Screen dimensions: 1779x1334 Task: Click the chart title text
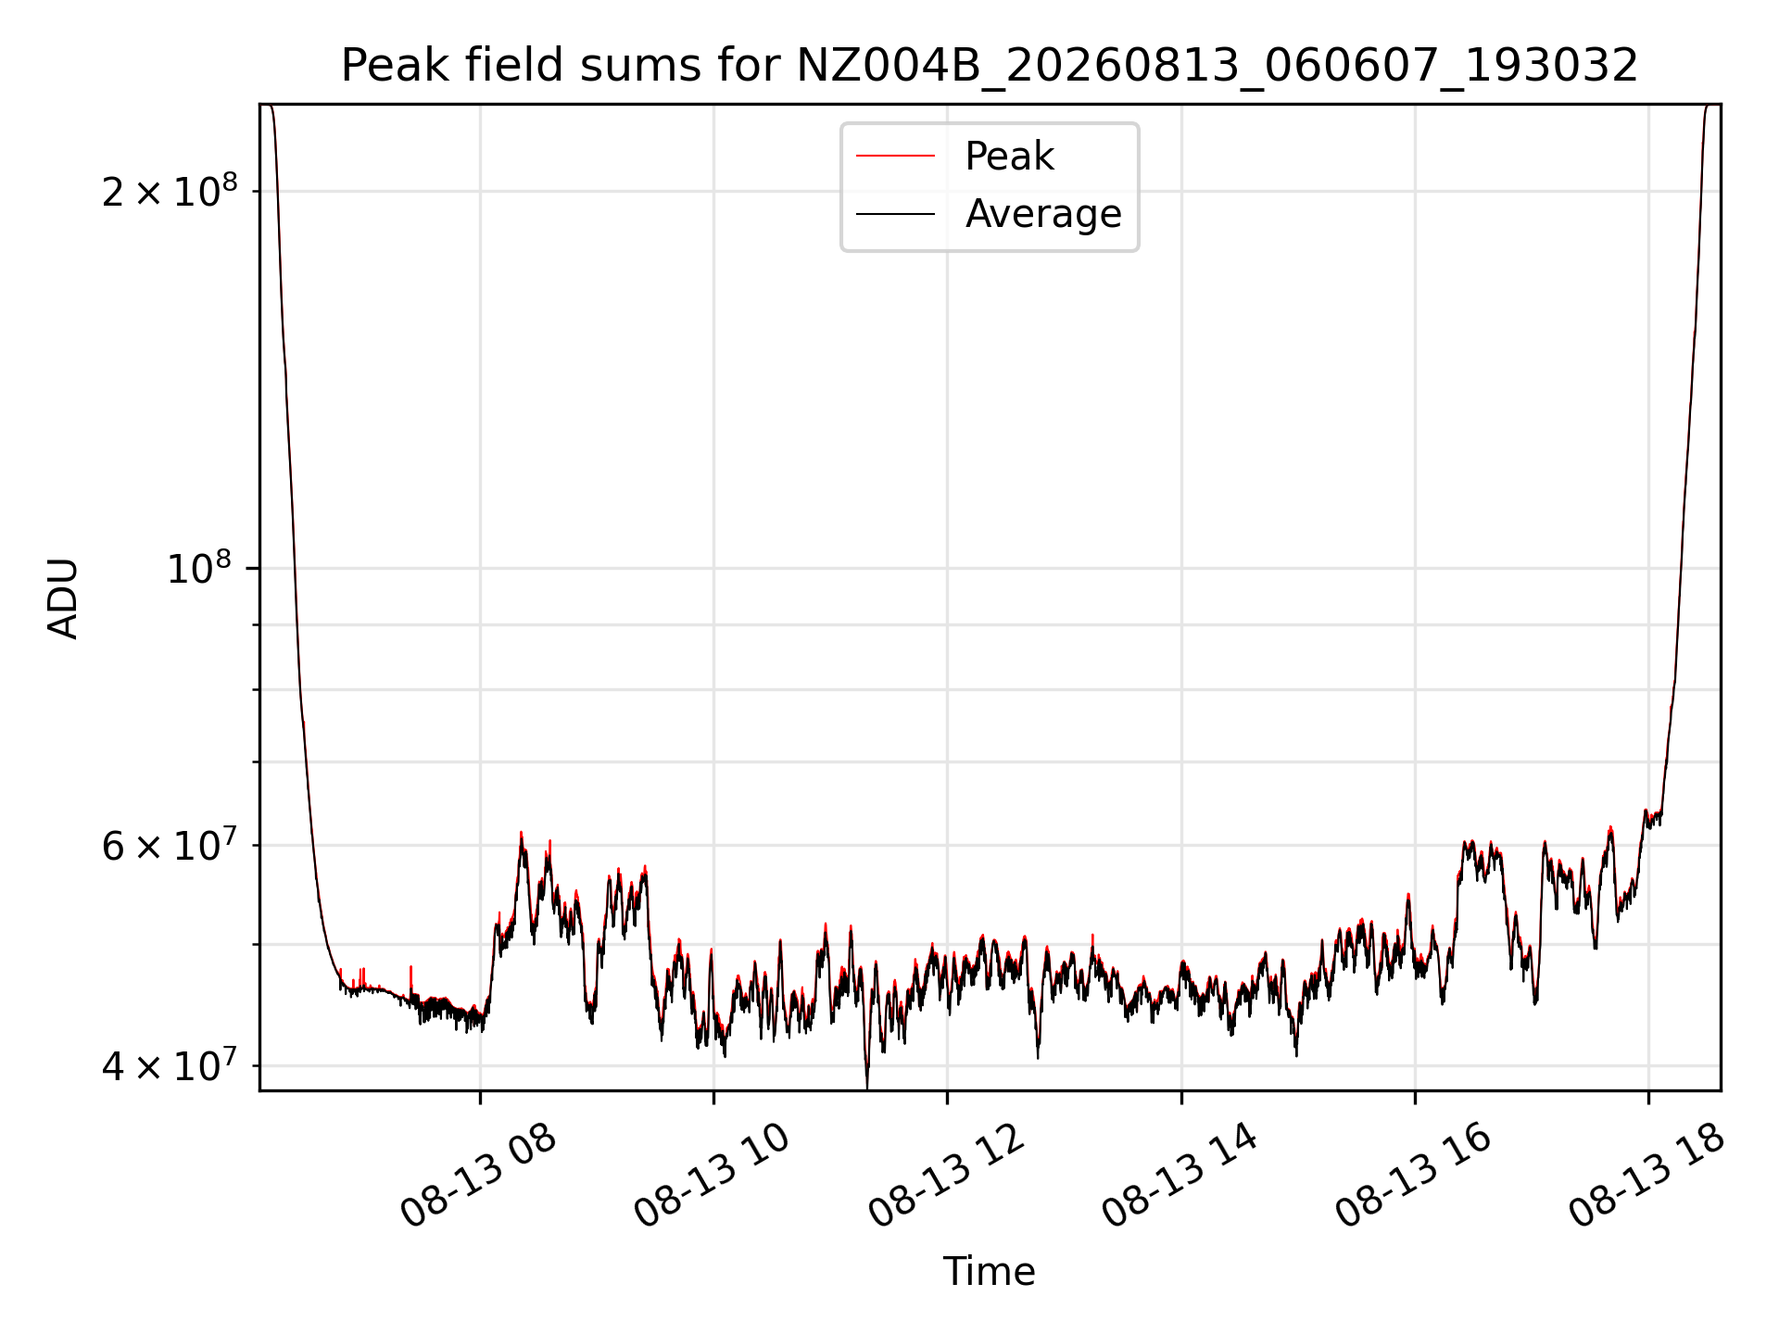pyautogui.click(x=990, y=66)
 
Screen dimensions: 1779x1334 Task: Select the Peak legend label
pyautogui.click(x=1009, y=157)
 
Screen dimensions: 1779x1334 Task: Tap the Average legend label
pyautogui.click(x=1043, y=214)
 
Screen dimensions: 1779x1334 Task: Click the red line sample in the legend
pyautogui.click(x=895, y=157)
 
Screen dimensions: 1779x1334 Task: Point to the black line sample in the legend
pyautogui.click(x=895, y=214)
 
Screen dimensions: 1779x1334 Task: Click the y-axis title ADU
pyautogui.click(x=63, y=598)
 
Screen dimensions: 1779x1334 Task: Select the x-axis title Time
pyautogui.click(x=989, y=1272)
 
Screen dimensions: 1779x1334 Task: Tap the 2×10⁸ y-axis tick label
pyautogui.click(x=170, y=191)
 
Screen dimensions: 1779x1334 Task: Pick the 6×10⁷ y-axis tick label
pyautogui.click(x=170, y=845)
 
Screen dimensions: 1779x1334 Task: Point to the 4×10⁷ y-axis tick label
pyautogui.click(x=170, y=1065)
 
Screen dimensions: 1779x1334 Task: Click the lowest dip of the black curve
pyautogui.click(x=867, y=1087)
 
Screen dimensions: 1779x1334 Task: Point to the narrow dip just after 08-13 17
pyautogui.click(x=1535, y=1000)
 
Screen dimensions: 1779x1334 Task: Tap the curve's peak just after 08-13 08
pyautogui.click(x=522, y=833)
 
